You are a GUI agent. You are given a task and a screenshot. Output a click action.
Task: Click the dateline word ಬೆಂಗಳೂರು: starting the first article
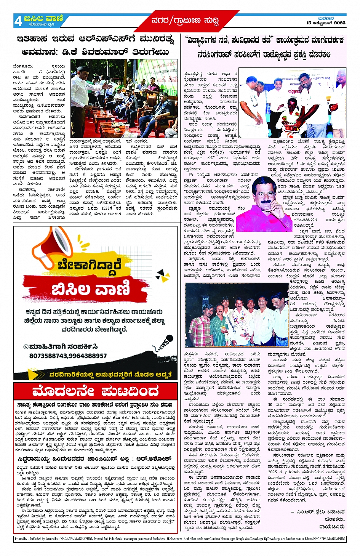point(23,66)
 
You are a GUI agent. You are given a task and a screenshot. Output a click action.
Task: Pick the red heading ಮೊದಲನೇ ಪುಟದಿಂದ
point(95,391)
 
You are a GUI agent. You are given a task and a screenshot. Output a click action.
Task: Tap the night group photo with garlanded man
point(236,315)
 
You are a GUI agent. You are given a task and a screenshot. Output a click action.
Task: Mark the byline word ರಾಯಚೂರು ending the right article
point(332,527)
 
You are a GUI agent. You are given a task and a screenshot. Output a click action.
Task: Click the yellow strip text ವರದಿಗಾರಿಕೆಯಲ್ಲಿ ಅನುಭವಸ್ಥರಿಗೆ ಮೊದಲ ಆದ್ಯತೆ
point(110,374)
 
